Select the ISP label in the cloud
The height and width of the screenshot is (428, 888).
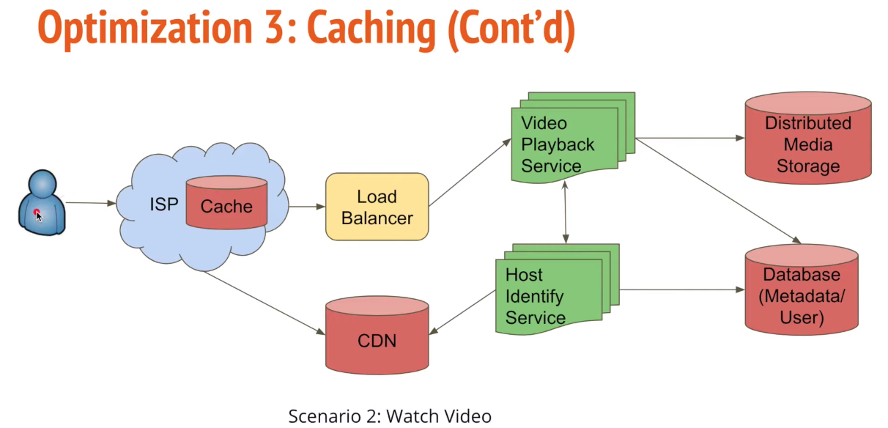pyautogui.click(x=164, y=204)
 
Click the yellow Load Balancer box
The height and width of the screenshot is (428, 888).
pyautogui.click(x=377, y=207)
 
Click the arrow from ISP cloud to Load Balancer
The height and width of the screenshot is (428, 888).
pyautogui.click(x=307, y=207)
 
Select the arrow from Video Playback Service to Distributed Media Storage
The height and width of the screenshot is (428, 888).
pyautogui.click(x=689, y=137)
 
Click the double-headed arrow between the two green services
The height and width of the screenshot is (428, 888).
pyautogui.click(x=565, y=213)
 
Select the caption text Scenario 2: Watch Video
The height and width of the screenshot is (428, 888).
pyautogui.click(x=390, y=416)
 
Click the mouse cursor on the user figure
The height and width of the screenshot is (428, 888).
pyautogui.click(x=38, y=215)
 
